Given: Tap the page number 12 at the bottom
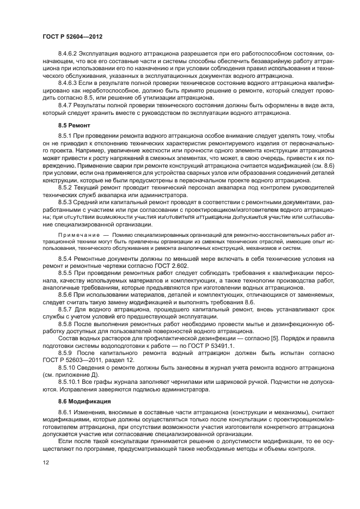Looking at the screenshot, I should [x=46, y=462].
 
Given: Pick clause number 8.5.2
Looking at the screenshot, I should [x=65, y=187].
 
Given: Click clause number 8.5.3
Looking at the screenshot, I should [x=65, y=201].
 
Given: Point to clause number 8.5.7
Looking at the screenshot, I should [x=65, y=309].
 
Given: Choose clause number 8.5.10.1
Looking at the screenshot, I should [x=69, y=381].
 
